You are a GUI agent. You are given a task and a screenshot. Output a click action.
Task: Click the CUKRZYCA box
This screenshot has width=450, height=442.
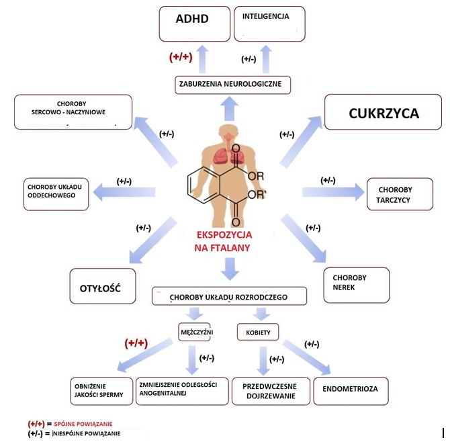pos(384,114)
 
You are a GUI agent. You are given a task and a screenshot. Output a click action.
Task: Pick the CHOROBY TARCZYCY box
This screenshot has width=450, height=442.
pos(396,195)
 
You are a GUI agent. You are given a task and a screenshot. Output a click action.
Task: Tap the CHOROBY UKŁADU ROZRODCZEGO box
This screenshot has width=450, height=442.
pos(229,296)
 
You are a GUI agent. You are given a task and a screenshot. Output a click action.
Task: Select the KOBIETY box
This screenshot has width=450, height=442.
pos(258,331)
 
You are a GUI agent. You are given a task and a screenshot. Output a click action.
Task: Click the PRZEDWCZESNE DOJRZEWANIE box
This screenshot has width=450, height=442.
pos(271,391)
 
